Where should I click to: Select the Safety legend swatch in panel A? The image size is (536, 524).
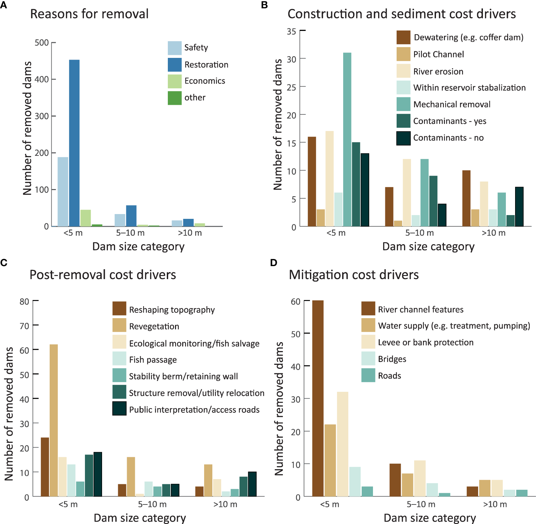click(174, 48)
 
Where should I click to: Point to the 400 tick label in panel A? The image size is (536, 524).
click(42, 79)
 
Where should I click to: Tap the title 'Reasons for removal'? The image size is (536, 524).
click(89, 14)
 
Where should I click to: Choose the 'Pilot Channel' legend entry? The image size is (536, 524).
click(438, 54)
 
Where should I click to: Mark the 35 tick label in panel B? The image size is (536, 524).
click(291, 32)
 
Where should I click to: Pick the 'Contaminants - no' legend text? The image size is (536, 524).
click(448, 138)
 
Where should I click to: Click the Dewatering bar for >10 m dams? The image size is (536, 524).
click(466, 198)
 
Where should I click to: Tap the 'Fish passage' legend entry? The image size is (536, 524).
click(153, 360)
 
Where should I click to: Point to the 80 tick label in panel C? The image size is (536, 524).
click(24, 302)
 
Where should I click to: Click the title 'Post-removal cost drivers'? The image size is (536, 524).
click(103, 275)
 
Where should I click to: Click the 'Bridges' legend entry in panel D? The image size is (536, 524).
click(392, 359)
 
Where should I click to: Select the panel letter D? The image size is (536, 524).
click(274, 263)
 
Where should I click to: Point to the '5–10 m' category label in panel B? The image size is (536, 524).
click(420, 233)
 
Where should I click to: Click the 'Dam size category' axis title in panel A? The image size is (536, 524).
click(138, 247)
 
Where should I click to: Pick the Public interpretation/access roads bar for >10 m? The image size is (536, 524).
click(252, 484)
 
